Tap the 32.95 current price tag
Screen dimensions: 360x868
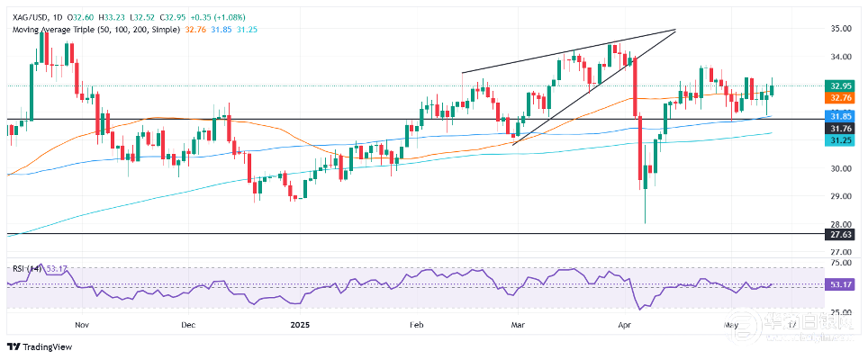pos(840,85)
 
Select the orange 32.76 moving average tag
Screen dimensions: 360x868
pos(840,97)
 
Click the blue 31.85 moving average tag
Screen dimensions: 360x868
pos(840,116)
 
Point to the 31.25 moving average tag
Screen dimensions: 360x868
pos(840,139)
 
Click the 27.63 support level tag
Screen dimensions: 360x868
pos(840,234)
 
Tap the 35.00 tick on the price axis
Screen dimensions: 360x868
pos(840,29)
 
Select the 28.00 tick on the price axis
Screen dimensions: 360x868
pos(840,224)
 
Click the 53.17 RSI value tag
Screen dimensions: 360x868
pos(840,284)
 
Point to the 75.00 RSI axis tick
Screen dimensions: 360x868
pos(840,264)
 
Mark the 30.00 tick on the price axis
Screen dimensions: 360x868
pos(840,168)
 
